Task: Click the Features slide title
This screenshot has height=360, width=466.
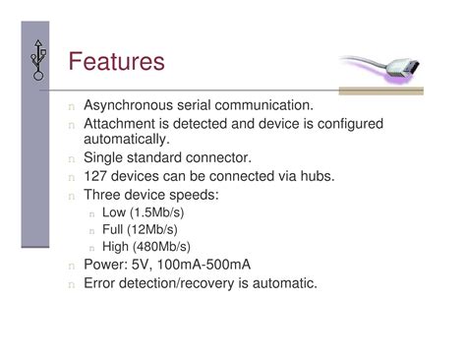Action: (x=117, y=63)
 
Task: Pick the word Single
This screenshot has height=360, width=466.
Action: (x=104, y=157)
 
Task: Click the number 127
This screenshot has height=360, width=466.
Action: (x=96, y=176)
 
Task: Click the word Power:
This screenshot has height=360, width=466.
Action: (x=107, y=266)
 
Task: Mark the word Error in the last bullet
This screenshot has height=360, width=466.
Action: (x=102, y=283)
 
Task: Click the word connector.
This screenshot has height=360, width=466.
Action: (x=225, y=157)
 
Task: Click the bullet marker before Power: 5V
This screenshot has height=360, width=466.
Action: (x=71, y=267)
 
